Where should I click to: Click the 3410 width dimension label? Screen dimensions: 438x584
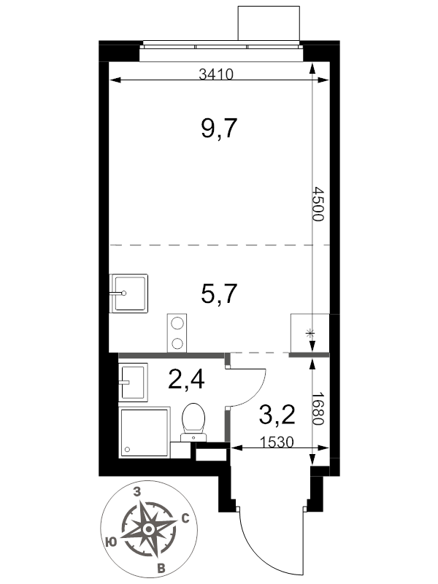(x=216, y=74)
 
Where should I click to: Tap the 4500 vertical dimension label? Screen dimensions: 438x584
(x=318, y=204)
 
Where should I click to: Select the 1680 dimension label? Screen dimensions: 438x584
(x=318, y=409)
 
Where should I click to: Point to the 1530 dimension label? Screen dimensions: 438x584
(x=277, y=442)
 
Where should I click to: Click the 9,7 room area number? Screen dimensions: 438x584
(x=219, y=128)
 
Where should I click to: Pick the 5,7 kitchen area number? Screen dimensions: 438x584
(x=219, y=293)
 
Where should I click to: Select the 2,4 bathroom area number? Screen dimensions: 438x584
(x=186, y=380)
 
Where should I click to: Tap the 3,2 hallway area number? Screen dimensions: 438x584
(x=277, y=415)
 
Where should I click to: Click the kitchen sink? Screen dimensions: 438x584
(x=128, y=293)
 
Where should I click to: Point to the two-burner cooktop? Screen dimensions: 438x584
(x=177, y=333)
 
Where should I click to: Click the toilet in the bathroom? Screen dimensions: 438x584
(x=193, y=423)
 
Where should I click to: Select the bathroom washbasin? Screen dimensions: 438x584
(x=133, y=382)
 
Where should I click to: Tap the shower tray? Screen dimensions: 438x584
(x=144, y=432)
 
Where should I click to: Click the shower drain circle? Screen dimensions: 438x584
(x=127, y=449)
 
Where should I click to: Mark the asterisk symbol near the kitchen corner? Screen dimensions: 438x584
(x=309, y=334)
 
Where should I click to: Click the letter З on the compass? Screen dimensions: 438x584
(x=137, y=492)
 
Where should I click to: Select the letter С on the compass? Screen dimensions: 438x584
(x=185, y=518)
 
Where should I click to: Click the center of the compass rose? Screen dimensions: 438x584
(x=149, y=529)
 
